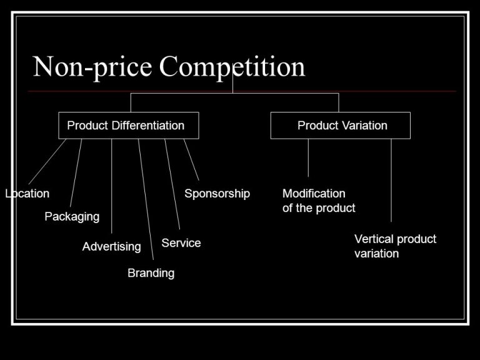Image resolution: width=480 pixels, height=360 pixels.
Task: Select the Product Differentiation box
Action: pos(128,125)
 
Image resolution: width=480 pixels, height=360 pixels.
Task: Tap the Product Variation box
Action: pos(340,125)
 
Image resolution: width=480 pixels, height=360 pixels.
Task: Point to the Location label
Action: pos(27,194)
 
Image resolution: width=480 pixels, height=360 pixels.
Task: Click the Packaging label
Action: pos(72,216)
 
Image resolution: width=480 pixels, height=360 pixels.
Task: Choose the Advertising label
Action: pos(112,246)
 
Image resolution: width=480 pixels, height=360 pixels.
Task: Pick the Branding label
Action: pos(151,273)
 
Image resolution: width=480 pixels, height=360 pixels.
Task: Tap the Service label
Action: pos(181,243)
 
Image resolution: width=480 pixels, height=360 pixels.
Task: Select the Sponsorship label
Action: pos(217,194)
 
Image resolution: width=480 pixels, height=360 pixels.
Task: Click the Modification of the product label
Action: pos(319,201)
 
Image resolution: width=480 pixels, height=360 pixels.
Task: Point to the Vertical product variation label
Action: pos(395,246)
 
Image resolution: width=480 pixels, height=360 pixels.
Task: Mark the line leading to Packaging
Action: pos(76,172)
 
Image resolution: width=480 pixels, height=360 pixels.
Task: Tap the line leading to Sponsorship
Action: pos(191,160)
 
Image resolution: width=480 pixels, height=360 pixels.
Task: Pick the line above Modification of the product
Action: pos(308,157)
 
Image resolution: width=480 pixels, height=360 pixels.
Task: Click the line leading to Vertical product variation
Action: pos(391,180)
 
